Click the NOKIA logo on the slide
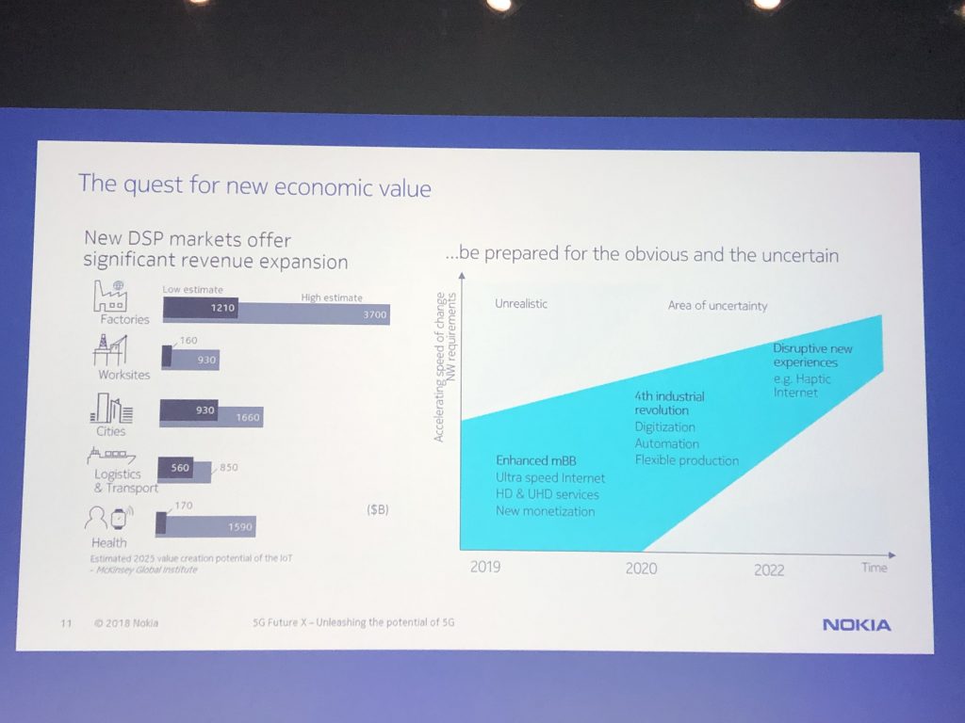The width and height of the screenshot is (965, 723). click(x=856, y=624)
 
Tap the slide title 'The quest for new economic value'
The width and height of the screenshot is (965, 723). click(x=254, y=185)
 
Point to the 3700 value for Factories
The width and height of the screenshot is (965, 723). click(x=374, y=315)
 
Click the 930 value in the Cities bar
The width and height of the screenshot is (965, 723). click(x=204, y=410)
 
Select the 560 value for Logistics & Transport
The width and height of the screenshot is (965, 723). click(x=181, y=467)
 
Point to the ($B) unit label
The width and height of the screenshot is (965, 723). click(x=377, y=510)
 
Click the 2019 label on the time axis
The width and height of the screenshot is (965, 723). click(x=485, y=567)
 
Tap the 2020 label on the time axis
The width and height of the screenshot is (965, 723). click(x=641, y=568)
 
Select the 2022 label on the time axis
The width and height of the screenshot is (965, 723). click(x=769, y=570)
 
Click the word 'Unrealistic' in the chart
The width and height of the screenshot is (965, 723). click(x=520, y=304)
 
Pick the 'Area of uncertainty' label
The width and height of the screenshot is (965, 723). click(x=717, y=305)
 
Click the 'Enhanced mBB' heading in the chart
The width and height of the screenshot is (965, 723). click(x=534, y=460)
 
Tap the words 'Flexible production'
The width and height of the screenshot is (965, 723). click(x=686, y=460)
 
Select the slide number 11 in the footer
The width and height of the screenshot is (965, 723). click(x=66, y=622)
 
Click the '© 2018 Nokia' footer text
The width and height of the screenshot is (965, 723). click(x=126, y=622)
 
